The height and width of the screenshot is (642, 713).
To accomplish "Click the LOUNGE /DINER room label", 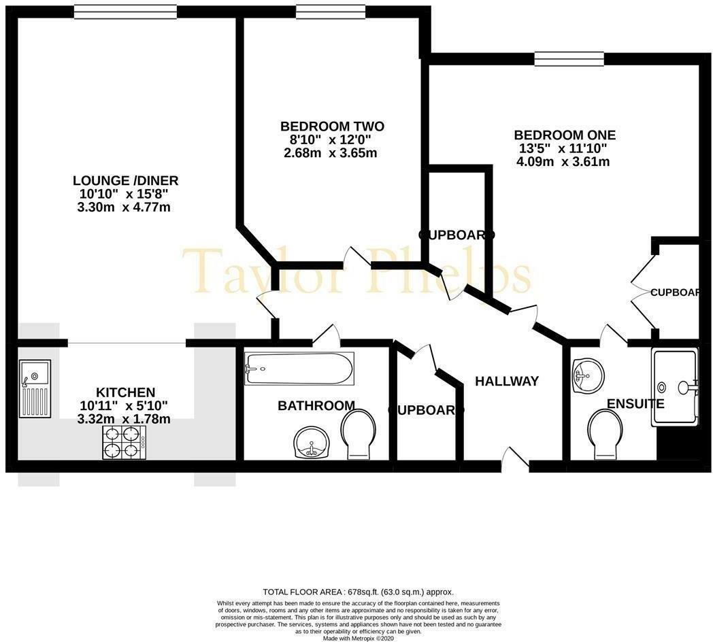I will (126, 180).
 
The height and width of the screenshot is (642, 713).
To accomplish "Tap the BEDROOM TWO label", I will (332, 126).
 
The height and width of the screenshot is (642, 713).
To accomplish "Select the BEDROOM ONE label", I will (565, 135).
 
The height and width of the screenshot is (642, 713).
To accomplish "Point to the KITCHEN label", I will (125, 392).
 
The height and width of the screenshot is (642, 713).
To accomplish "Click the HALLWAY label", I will (507, 381).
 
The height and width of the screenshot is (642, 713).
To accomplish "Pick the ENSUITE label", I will (635, 403).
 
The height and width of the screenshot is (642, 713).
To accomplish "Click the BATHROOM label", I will (316, 406).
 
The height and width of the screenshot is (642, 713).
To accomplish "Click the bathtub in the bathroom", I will (299, 368).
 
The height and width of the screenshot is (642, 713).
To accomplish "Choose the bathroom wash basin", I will (312, 445).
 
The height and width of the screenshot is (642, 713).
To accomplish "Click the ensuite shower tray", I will (674, 386).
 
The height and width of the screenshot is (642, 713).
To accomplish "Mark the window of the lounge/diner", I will (125, 12).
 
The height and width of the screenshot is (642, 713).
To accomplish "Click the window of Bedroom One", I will (569, 59).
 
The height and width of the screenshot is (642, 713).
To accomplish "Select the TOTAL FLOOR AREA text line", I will (358, 592).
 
